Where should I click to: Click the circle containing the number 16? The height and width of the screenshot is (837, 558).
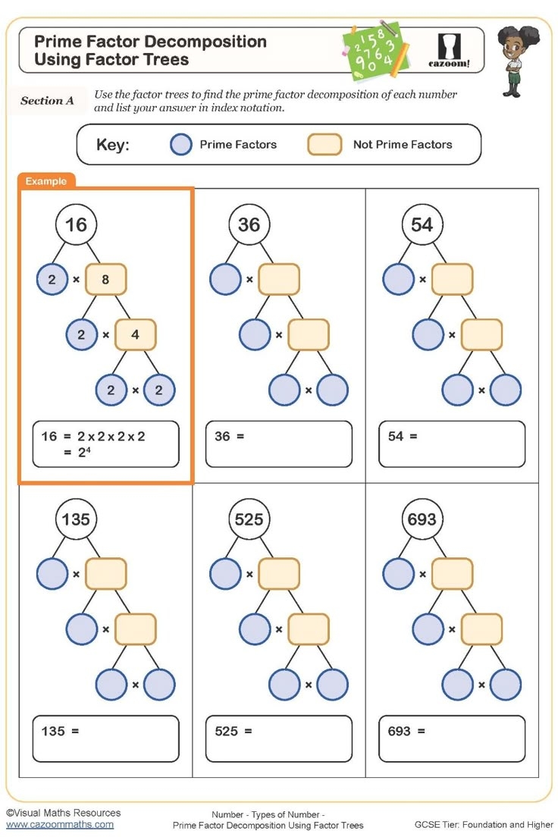tap(76, 224)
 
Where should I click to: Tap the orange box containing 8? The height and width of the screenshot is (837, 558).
tap(105, 280)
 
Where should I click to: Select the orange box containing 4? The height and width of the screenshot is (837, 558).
tap(135, 334)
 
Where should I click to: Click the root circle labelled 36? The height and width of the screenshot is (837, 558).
tap(249, 224)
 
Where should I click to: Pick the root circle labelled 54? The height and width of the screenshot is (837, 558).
tap(422, 224)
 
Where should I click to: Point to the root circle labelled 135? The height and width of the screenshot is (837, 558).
tap(76, 519)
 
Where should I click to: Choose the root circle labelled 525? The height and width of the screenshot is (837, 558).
tap(249, 519)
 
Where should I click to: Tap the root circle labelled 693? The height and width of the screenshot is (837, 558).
tap(422, 519)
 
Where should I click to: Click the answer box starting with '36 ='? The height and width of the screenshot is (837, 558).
tap(279, 444)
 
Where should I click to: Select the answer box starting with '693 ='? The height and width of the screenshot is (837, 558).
tap(452, 738)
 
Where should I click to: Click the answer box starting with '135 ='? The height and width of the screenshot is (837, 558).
tap(106, 738)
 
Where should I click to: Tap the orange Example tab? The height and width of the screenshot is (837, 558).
tap(46, 181)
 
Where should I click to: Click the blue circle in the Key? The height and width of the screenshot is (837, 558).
tap(181, 145)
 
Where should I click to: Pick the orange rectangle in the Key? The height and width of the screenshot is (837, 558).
tap(324, 145)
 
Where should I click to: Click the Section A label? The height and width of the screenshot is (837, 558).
tap(47, 101)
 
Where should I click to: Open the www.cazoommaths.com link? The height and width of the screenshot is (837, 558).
tap(60, 824)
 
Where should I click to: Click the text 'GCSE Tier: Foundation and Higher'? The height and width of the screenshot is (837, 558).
tap(484, 824)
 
